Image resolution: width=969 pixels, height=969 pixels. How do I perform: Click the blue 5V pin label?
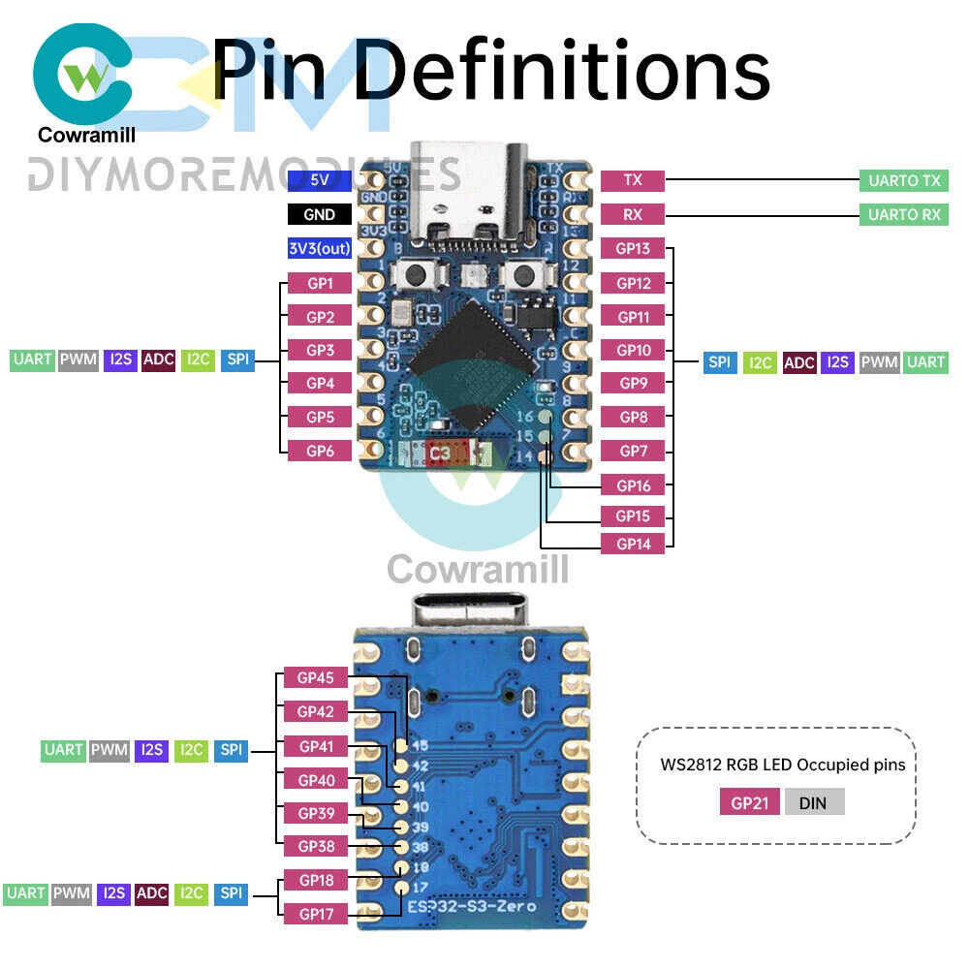pyautogui.click(x=319, y=180)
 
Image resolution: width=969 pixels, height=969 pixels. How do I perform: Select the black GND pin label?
pyautogui.click(x=319, y=215)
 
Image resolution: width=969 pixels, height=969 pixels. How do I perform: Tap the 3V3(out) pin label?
pyautogui.click(x=319, y=249)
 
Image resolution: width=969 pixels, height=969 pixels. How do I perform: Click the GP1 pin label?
pyautogui.click(x=320, y=284)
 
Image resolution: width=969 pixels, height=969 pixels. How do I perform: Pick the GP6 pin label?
pyautogui.click(x=320, y=451)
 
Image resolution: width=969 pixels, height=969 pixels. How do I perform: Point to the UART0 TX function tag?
pyautogui.click(x=903, y=180)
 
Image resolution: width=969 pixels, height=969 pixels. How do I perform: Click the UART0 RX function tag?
pyautogui.click(x=903, y=215)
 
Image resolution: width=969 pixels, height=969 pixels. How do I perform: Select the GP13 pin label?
pyautogui.click(x=633, y=249)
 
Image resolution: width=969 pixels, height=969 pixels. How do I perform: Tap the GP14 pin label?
pyautogui.click(x=633, y=545)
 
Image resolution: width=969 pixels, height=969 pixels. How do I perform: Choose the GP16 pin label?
pyautogui.click(x=633, y=485)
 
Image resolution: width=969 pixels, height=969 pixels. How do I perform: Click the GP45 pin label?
pyautogui.click(x=316, y=678)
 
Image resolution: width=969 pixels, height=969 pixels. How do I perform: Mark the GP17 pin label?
pyautogui.click(x=316, y=913)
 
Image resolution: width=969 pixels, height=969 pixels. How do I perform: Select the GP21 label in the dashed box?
pyautogui.click(x=749, y=802)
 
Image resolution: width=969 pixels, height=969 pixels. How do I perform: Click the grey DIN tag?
pyautogui.click(x=815, y=802)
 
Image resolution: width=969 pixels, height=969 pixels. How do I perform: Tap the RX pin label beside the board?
pyautogui.click(x=633, y=215)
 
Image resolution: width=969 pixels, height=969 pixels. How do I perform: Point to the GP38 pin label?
pyautogui.click(x=316, y=846)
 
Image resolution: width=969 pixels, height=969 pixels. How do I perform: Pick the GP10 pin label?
pyautogui.click(x=633, y=350)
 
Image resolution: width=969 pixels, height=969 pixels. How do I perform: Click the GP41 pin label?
pyautogui.click(x=316, y=747)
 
